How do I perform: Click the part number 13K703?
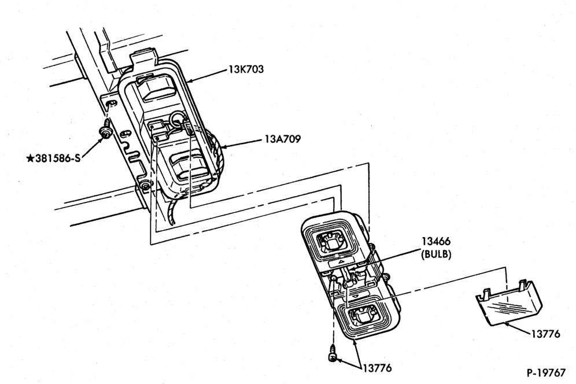coord(246,69)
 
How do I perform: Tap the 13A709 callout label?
coord(282,139)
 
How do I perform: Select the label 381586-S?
coord(58,158)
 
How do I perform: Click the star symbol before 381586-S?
coord(31,158)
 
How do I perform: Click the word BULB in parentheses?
coord(436,254)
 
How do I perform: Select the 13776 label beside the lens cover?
coord(545,334)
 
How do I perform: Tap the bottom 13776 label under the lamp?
coord(377,368)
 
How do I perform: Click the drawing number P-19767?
coord(546,372)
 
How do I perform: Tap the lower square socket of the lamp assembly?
coord(363,315)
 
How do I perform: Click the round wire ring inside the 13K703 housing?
coord(178,119)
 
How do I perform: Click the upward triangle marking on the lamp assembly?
coord(340,261)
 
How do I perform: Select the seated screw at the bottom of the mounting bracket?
coord(146,186)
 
